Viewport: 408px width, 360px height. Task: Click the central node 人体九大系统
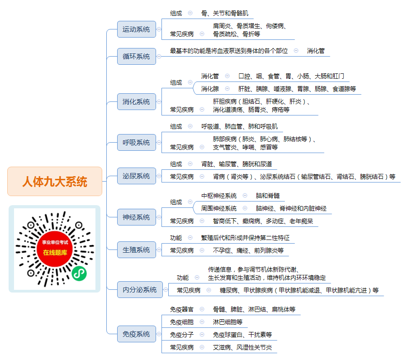[x=55, y=181]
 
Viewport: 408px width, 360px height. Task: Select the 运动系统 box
[x=136, y=29]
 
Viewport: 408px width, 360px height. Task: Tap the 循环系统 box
[x=136, y=56]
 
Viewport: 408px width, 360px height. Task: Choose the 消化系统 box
[x=136, y=101]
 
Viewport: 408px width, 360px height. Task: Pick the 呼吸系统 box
[x=136, y=143]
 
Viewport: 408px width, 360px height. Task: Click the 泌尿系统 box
[x=136, y=176]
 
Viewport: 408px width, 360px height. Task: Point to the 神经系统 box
[x=136, y=217]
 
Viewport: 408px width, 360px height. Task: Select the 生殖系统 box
[x=136, y=250]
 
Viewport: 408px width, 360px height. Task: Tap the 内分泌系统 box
[x=140, y=290]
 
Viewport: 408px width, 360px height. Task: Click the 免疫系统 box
[x=136, y=334]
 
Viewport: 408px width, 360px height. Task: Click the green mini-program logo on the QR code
[x=79, y=274]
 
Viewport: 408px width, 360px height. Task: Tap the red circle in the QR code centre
[x=55, y=249]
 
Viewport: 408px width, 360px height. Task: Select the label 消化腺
[x=210, y=89]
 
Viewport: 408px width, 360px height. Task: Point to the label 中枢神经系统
[x=219, y=196]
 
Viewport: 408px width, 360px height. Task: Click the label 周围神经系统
[x=219, y=208]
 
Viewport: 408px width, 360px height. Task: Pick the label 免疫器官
[x=182, y=309]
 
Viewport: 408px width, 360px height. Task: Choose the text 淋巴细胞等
[x=228, y=322]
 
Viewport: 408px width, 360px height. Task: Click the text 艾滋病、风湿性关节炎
[x=242, y=347]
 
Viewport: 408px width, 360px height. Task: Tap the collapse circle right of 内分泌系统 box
[x=166, y=290]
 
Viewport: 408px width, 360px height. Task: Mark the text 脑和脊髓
[x=268, y=196]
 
